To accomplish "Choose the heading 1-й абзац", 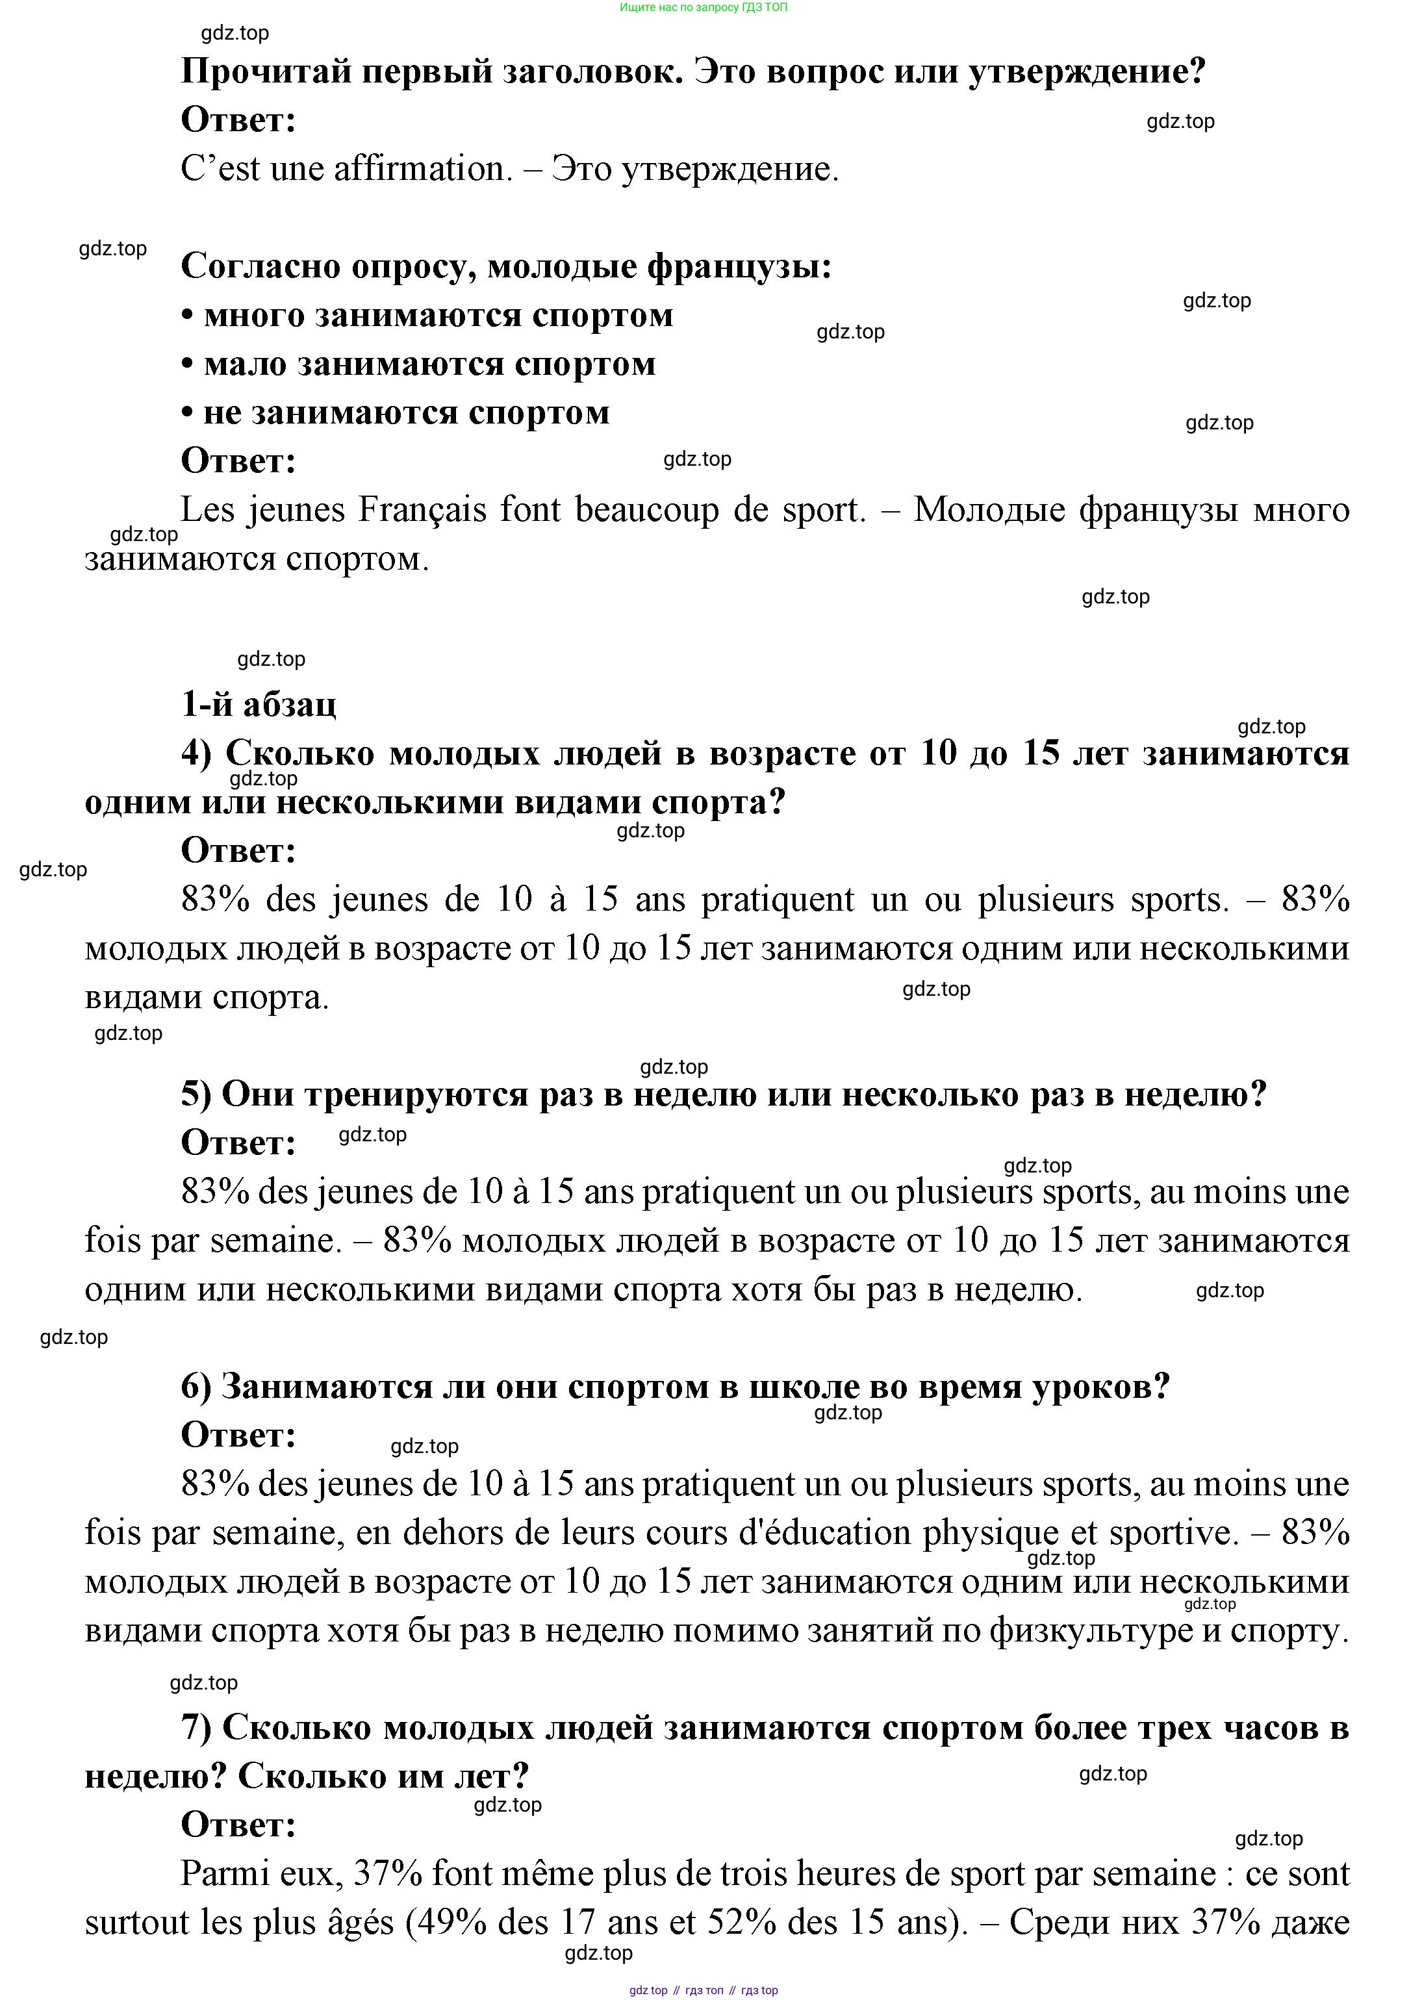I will click(258, 704).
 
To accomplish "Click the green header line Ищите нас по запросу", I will click(703, 7).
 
